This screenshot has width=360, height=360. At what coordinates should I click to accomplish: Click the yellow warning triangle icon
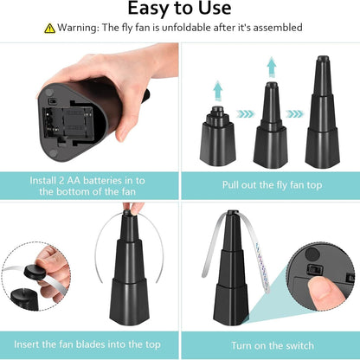coord(50,28)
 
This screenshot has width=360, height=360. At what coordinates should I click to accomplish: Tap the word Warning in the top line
coord(79,28)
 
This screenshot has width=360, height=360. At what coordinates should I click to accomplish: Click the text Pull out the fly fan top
coord(269,184)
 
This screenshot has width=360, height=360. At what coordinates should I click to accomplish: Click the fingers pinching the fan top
coord(132,209)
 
